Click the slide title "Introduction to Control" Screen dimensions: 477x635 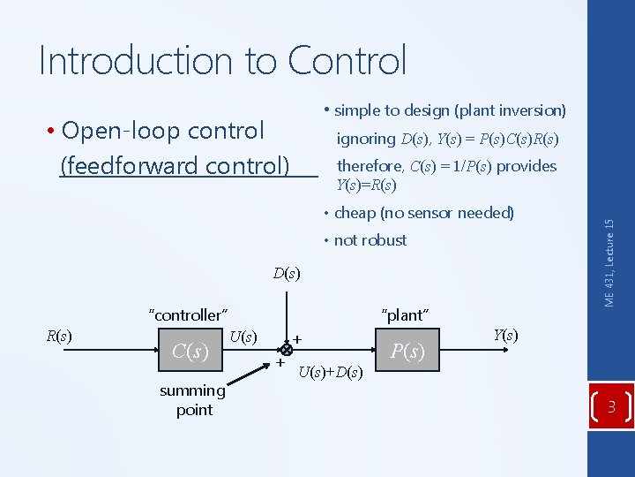222,61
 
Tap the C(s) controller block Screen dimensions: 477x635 190,352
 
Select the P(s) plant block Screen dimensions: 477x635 407,352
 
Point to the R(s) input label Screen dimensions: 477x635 58,336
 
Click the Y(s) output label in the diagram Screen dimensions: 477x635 505,335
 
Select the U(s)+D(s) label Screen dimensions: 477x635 330,372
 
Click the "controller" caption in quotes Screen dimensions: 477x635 189,314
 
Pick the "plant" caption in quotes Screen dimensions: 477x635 405,314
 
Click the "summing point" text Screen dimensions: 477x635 193,399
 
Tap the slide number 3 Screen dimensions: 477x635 610,407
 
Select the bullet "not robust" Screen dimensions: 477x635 370,240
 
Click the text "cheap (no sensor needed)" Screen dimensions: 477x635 423,213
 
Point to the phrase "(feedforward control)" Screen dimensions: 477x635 175,165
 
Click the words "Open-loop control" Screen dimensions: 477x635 163,131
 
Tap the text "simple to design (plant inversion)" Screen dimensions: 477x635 450,110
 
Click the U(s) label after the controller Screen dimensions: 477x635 243,336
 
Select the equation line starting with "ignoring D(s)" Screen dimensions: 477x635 448,139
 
